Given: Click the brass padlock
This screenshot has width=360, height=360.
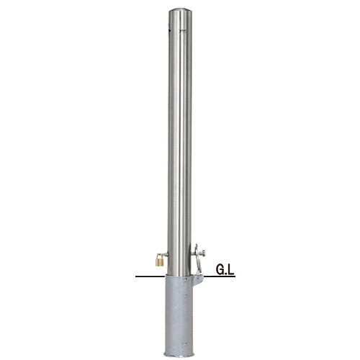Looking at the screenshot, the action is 160,259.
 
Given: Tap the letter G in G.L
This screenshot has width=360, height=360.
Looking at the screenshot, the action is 220,269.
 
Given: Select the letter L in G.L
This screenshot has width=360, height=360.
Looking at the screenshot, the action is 230,269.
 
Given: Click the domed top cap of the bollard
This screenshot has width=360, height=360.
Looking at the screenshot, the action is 180,12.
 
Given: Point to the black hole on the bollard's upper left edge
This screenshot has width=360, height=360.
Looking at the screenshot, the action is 169,30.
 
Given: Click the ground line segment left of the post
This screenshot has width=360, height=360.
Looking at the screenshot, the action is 150,276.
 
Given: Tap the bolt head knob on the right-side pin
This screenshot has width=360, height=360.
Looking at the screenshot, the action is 204,253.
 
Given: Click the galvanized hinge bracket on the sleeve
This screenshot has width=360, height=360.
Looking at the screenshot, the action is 198,280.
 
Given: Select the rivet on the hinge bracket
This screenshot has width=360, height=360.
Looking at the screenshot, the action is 198,278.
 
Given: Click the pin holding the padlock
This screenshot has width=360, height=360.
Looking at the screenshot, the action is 165,253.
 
